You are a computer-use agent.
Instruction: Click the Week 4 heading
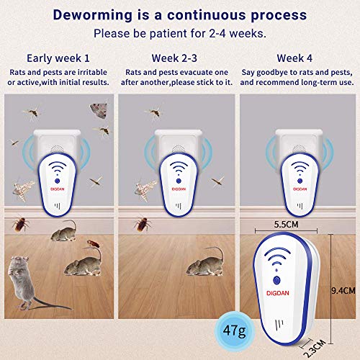click(297, 58)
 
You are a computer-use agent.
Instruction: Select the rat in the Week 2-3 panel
click(207, 262)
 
